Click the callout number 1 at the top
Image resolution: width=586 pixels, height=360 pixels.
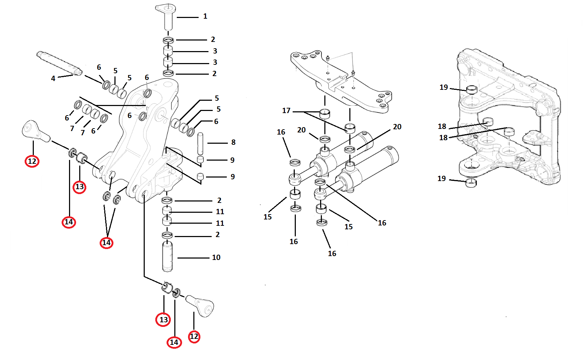tap(205, 16)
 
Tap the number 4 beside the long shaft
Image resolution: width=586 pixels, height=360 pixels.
tap(53, 79)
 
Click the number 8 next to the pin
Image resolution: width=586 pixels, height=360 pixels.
tap(233, 142)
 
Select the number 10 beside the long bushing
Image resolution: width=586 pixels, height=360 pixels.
tap(216, 257)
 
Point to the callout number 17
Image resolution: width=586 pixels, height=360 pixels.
tap(286, 111)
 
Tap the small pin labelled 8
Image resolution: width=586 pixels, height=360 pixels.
tap(200, 143)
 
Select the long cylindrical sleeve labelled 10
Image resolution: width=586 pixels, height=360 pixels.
tap(167, 256)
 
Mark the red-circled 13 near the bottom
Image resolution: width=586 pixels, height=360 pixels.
tap(163, 320)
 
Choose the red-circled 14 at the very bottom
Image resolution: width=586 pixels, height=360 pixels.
tap(174, 342)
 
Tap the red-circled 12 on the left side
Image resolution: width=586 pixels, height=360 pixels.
tap(32, 161)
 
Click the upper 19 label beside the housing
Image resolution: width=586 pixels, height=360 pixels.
tap(444, 87)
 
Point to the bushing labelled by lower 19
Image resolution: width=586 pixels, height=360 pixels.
tap(471, 183)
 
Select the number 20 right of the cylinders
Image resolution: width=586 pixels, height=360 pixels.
tap(397, 127)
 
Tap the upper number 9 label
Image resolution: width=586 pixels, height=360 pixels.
tap(232, 160)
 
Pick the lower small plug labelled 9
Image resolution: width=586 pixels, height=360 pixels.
tap(200, 176)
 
